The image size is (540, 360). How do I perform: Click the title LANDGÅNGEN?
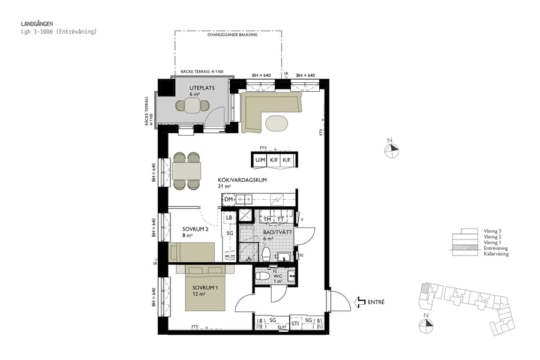[x=37, y=24]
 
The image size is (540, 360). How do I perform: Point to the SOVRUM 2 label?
[x=195, y=229]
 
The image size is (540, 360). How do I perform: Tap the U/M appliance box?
[x=260, y=160]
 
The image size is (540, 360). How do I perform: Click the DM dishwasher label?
[x=228, y=199]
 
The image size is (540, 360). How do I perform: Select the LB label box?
[x=229, y=217]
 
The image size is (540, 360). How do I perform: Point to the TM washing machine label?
[x=268, y=220]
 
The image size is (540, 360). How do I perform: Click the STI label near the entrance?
[x=295, y=323]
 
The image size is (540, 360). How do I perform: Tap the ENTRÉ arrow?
[x=361, y=302]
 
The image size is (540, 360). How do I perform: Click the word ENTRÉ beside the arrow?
[x=376, y=302]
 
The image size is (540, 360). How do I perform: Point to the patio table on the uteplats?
[x=193, y=106]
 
